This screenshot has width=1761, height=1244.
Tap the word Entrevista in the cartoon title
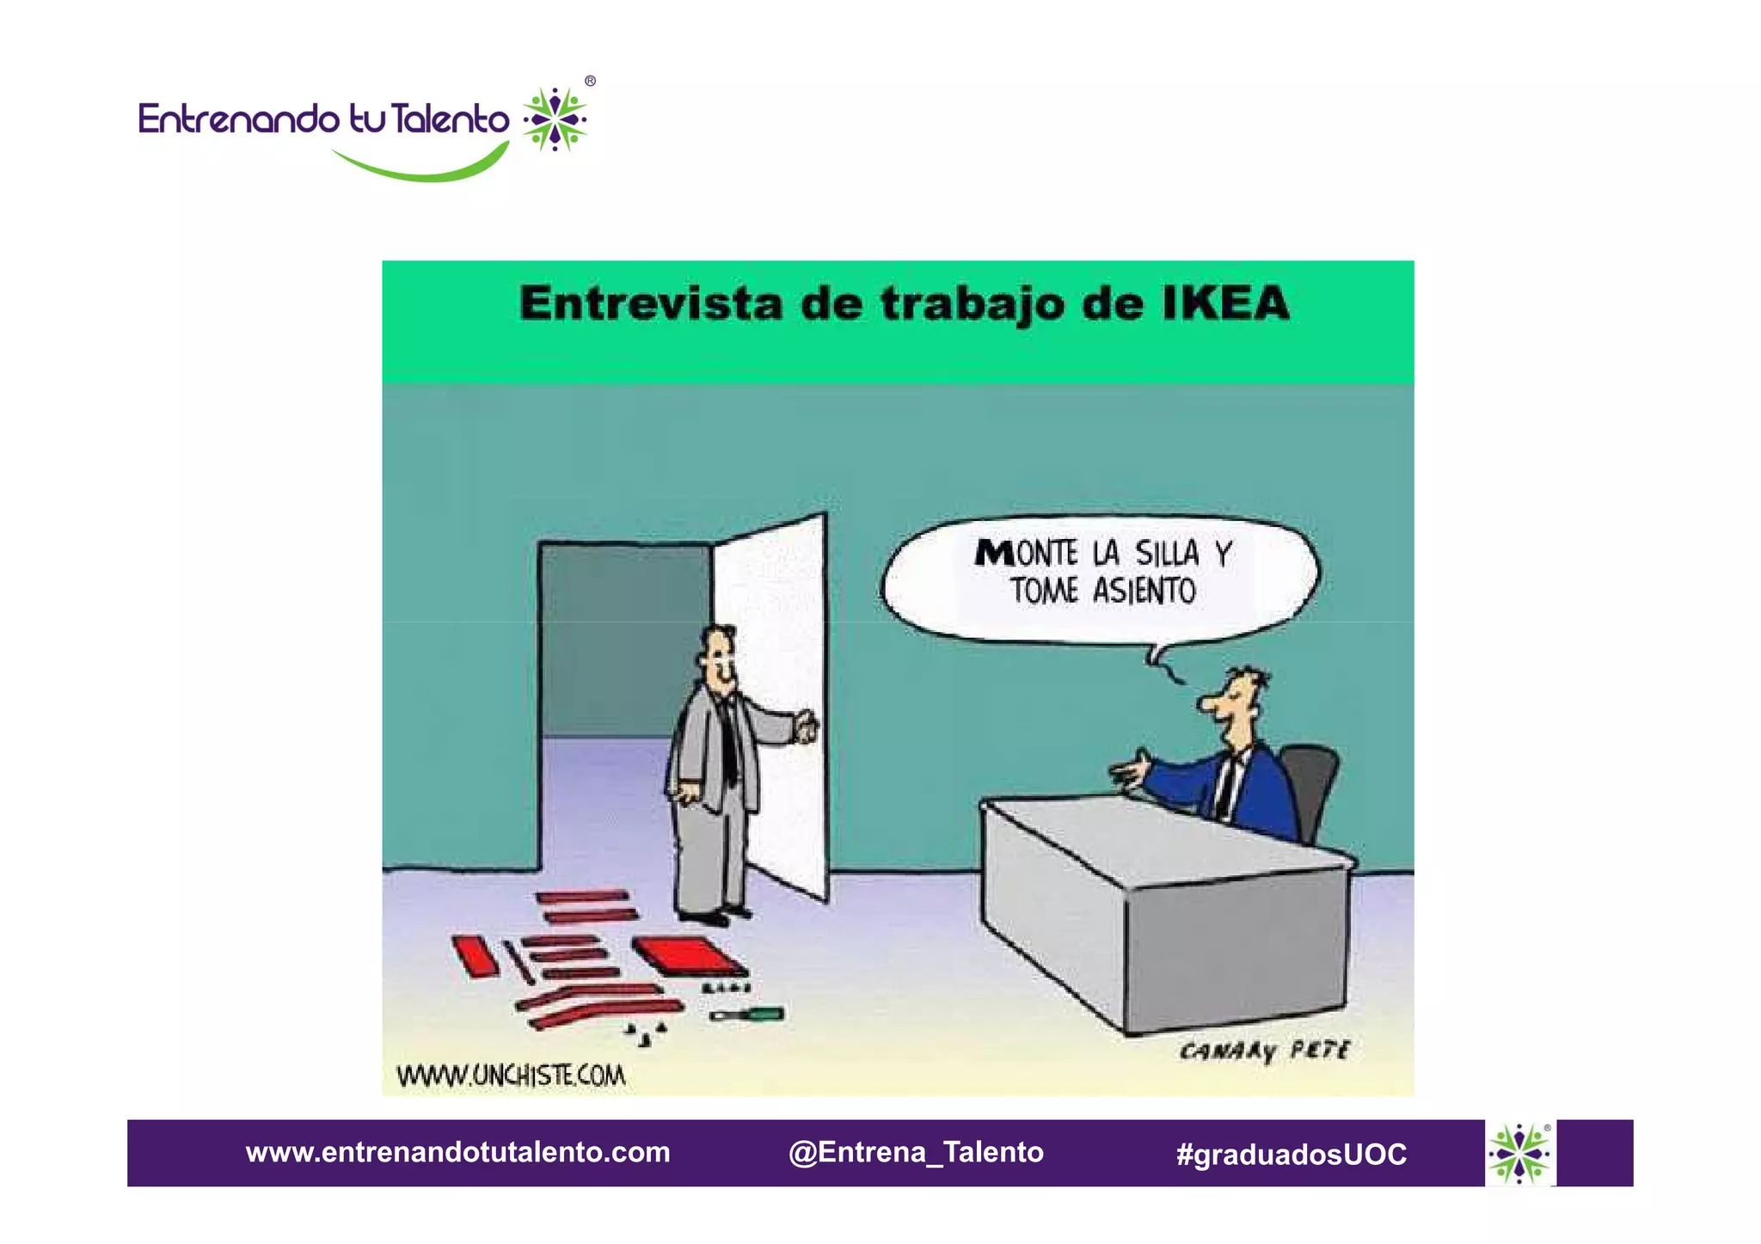tap(651, 303)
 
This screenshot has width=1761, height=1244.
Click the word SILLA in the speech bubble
tap(1166, 554)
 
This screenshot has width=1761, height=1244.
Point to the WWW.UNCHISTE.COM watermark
tap(511, 1075)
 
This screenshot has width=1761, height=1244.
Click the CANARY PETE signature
tap(1264, 1051)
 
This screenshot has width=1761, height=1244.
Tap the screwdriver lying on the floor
tap(746, 1015)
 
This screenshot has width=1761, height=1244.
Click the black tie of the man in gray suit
tap(728, 739)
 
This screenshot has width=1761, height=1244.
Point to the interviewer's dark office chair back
tap(1311, 787)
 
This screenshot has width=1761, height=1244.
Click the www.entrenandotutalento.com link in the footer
tap(457, 1152)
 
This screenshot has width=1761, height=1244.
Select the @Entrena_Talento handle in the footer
tap(916, 1152)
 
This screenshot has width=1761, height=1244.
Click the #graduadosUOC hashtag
tap(1292, 1154)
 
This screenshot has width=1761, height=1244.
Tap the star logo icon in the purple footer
tap(1519, 1154)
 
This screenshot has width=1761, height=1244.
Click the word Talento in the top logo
tap(450, 119)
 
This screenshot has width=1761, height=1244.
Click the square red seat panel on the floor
tap(688, 954)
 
